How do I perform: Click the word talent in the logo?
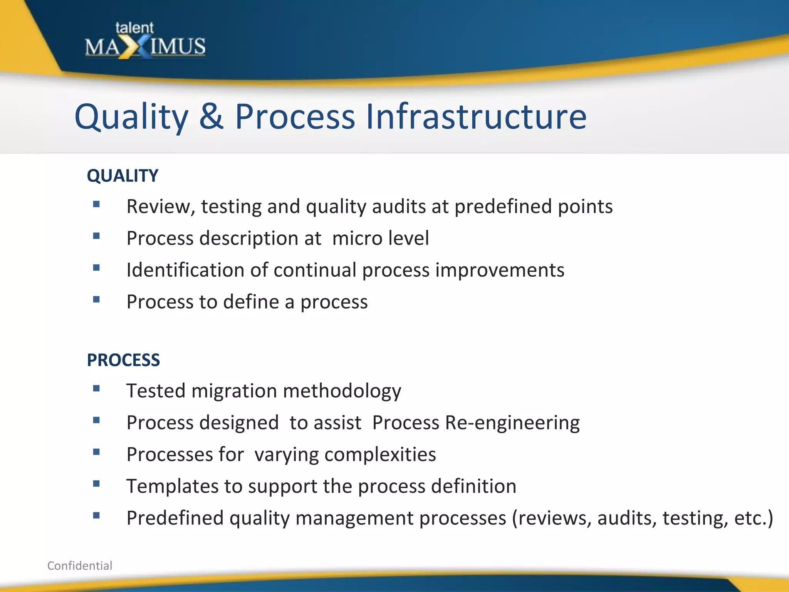(x=134, y=28)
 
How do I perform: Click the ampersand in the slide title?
(x=211, y=116)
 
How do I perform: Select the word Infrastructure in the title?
(x=476, y=116)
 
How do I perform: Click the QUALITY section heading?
(x=123, y=176)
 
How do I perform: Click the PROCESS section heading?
(x=123, y=360)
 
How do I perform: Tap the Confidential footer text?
(x=80, y=565)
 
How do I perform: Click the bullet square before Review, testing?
(x=96, y=204)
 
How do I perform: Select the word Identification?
(x=185, y=270)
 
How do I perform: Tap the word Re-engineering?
(x=512, y=423)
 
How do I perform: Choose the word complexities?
(x=380, y=454)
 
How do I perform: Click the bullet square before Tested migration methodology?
(x=96, y=388)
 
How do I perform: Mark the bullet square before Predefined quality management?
(x=96, y=515)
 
